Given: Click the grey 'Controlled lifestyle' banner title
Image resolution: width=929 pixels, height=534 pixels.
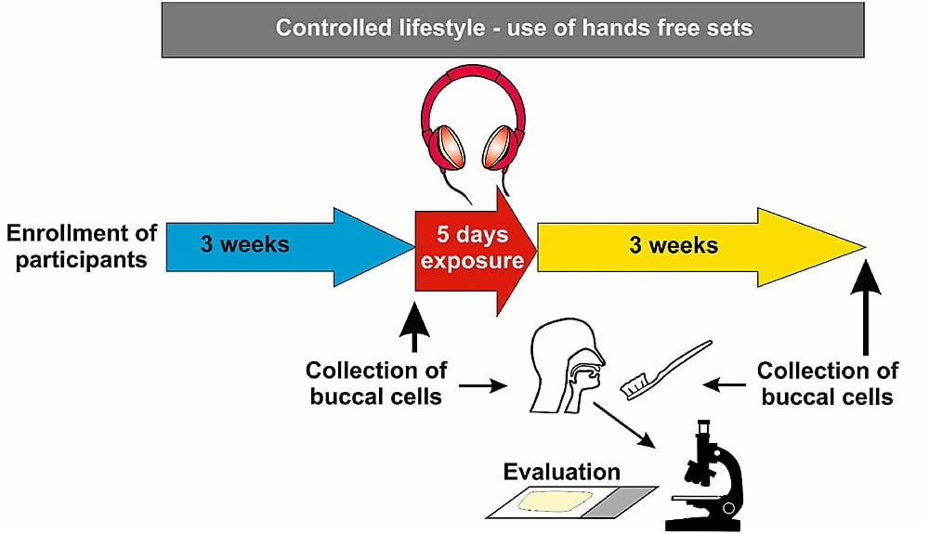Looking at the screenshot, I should pyautogui.click(x=513, y=28).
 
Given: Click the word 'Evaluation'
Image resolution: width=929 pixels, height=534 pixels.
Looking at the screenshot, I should pyautogui.click(x=561, y=472).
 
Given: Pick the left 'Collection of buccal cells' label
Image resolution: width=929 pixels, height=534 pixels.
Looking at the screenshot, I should pyautogui.click(x=376, y=384).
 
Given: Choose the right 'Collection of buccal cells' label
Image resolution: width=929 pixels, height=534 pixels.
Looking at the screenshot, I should pyautogui.click(x=827, y=384).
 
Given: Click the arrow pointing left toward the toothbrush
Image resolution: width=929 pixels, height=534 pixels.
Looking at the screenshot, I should pyautogui.click(x=726, y=384).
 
